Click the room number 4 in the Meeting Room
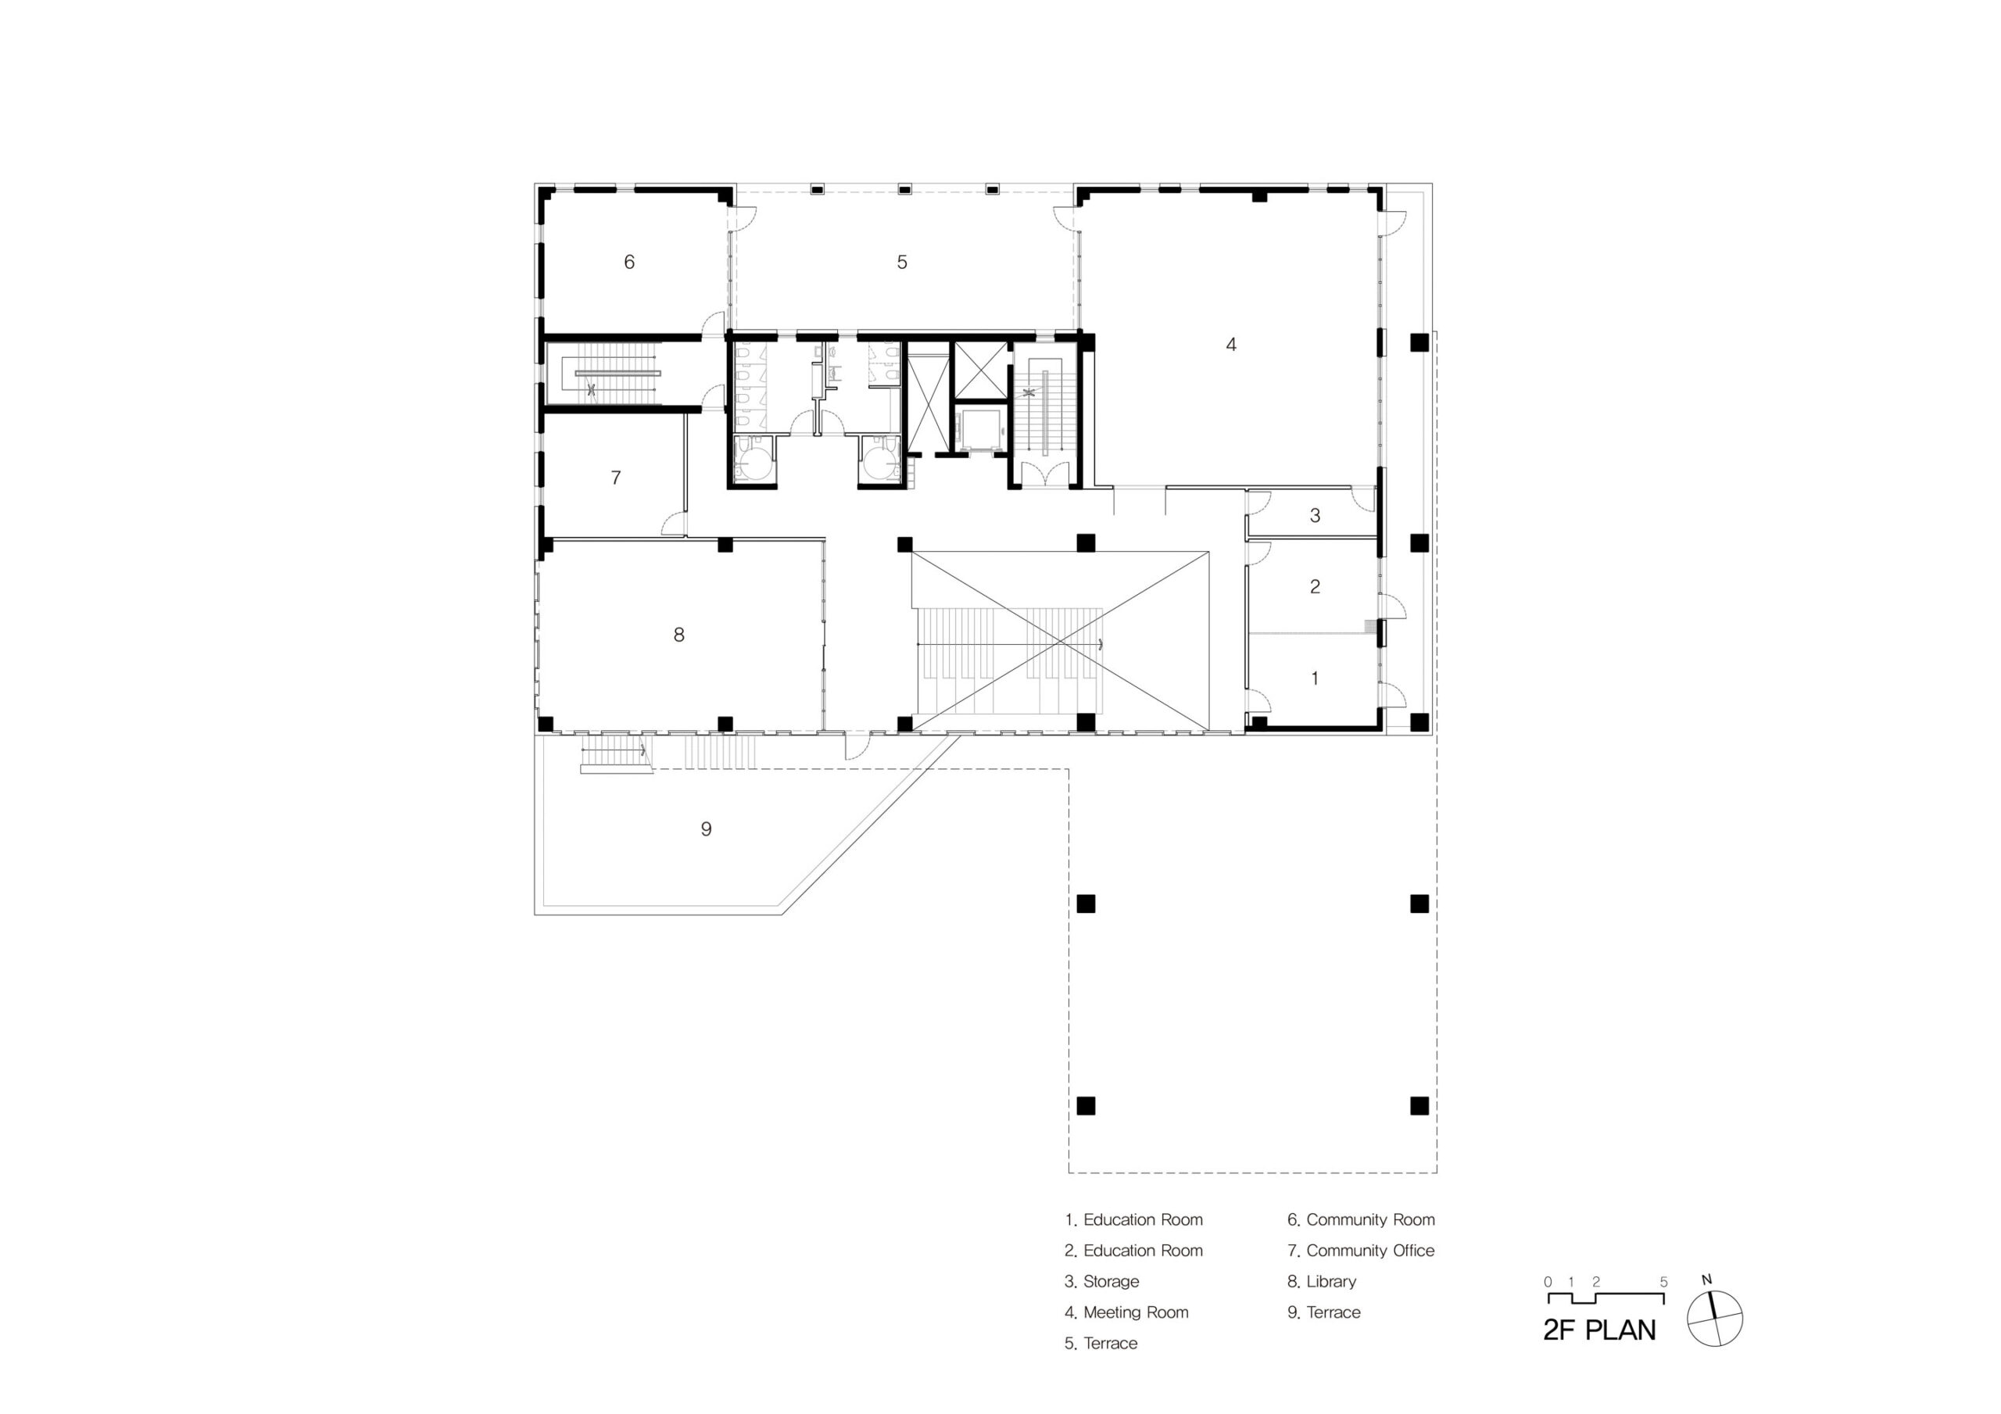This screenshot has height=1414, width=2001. [x=1230, y=345]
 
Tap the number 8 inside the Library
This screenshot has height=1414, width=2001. [x=679, y=635]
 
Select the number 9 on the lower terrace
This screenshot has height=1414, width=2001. [x=706, y=829]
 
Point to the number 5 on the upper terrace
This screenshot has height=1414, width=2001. [x=902, y=262]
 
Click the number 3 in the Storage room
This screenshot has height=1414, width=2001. [x=1316, y=515]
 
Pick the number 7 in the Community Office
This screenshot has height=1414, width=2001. [x=616, y=478]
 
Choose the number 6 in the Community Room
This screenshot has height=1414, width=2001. [x=629, y=262]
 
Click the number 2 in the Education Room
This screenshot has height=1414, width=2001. [x=1316, y=587]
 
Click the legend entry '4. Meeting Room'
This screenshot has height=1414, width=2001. [x=1126, y=1312]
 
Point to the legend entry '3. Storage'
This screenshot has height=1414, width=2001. [x=1101, y=1281]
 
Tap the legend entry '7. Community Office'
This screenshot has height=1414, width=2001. [x=1360, y=1250]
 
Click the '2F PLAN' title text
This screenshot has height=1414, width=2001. [x=1599, y=1330]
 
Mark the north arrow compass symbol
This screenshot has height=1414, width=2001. [x=1714, y=1319]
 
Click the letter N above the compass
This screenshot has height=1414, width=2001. [x=1706, y=1280]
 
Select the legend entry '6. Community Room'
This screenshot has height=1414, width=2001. [x=1360, y=1219]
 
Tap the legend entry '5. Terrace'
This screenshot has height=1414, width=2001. [x=1101, y=1344]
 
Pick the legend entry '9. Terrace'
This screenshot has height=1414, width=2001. [x=1323, y=1312]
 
